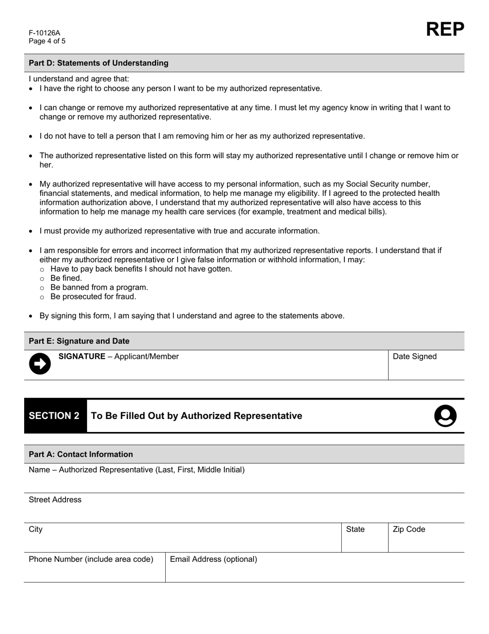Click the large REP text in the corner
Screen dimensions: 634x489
pos(445,29)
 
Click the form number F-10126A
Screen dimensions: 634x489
pos(44,33)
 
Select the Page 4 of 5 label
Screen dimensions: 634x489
pos(47,41)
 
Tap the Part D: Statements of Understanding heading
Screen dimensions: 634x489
pos(98,63)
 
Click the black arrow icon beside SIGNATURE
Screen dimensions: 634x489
pos(40,364)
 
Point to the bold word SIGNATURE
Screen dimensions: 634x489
pos(82,356)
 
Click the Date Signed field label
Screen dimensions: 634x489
pos(414,356)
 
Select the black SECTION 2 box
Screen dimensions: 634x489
pos(55,416)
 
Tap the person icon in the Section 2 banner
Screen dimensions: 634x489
pos(445,416)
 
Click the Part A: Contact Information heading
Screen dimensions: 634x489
pos(81,454)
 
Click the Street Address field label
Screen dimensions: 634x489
pos(55,499)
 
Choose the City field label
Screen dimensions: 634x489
pos(36,529)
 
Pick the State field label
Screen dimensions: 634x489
pos(355,529)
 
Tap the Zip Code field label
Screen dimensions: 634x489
pos(409,529)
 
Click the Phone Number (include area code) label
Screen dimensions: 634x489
pos(91,559)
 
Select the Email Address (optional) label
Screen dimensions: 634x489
pos(214,559)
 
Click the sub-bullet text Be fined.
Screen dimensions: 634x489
pos(66,278)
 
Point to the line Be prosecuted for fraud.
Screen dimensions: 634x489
pos(93,297)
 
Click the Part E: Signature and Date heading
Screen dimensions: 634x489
pos(79,341)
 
